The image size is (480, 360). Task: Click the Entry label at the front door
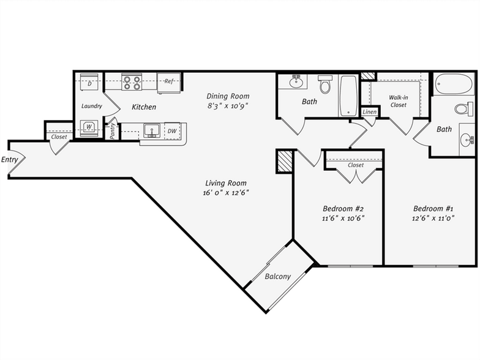pos(9,160)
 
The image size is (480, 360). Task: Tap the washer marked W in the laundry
pos(89,127)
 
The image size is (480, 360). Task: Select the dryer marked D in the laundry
pos(90,82)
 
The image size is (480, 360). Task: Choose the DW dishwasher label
pos(172,130)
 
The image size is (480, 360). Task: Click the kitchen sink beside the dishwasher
pos(151,131)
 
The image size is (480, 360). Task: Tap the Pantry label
pos(113,131)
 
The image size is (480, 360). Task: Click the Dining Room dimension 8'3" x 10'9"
pos(227,105)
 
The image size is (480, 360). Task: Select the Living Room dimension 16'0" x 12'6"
pos(226,192)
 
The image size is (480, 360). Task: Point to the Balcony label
pos(277,277)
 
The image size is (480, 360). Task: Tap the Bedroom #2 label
pos(339,207)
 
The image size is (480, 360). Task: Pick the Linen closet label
pos(369,112)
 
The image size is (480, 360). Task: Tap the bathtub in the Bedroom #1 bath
pos(454,84)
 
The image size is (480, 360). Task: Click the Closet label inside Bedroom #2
pos(355,165)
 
